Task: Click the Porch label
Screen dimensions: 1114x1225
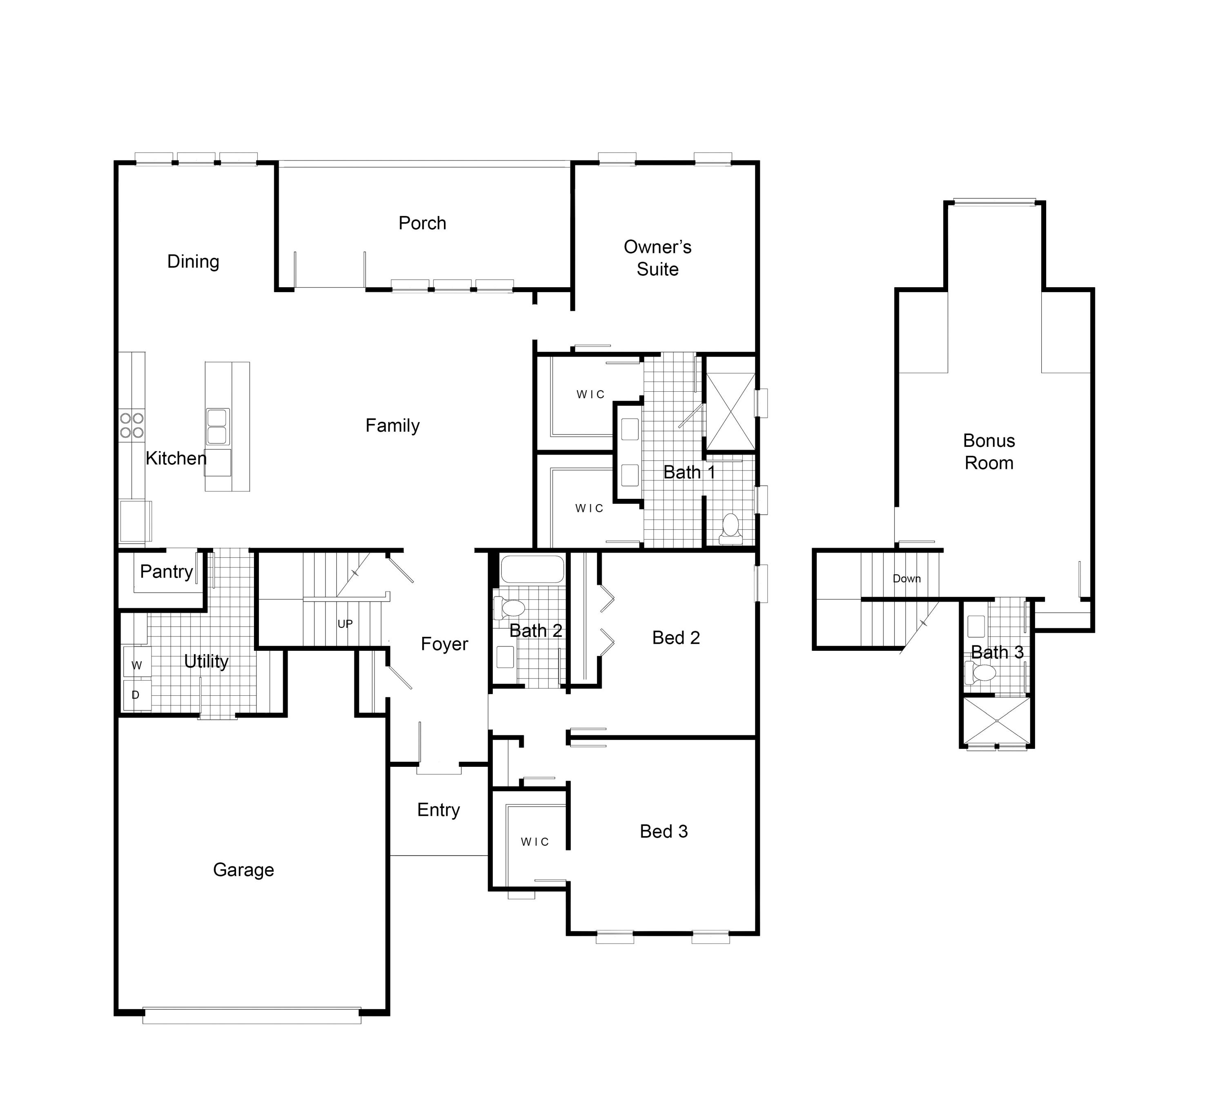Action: click(x=422, y=223)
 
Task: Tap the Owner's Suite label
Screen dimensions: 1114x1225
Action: click(x=657, y=258)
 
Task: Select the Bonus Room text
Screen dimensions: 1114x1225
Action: click(x=989, y=451)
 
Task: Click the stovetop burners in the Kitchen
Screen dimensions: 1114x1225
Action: click(x=132, y=425)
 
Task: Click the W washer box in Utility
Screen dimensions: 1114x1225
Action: click(x=137, y=665)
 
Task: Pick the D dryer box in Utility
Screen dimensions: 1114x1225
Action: click(x=136, y=694)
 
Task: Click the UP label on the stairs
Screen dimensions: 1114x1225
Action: click(x=345, y=623)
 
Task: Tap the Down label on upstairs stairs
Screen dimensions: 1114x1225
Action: click(x=906, y=578)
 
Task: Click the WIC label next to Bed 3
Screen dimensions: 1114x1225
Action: click(x=535, y=842)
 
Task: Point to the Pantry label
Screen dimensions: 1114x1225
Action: click(x=167, y=571)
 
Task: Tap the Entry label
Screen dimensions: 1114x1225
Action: click(x=438, y=810)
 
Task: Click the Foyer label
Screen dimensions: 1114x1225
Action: click(x=444, y=644)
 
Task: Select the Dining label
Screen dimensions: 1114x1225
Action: click(x=193, y=261)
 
